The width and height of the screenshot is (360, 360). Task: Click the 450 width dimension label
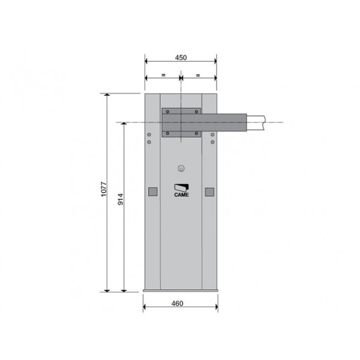[x=181, y=58]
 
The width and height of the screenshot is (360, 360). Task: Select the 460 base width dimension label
[x=177, y=304]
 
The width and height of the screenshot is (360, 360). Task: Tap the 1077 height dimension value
[x=104, y=189]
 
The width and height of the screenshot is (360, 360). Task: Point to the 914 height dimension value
[x=121, y=199]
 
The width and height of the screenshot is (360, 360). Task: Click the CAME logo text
[x=181, y=195]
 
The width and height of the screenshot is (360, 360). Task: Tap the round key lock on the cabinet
[x=181, y=168]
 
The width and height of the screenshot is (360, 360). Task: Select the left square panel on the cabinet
[x=152, y=191]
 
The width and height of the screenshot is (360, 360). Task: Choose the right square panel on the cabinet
[x=209, y=192]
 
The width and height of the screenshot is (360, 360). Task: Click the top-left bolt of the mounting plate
[x=167, y=112]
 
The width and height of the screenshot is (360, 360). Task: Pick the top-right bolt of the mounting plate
[x=196, y=112]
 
